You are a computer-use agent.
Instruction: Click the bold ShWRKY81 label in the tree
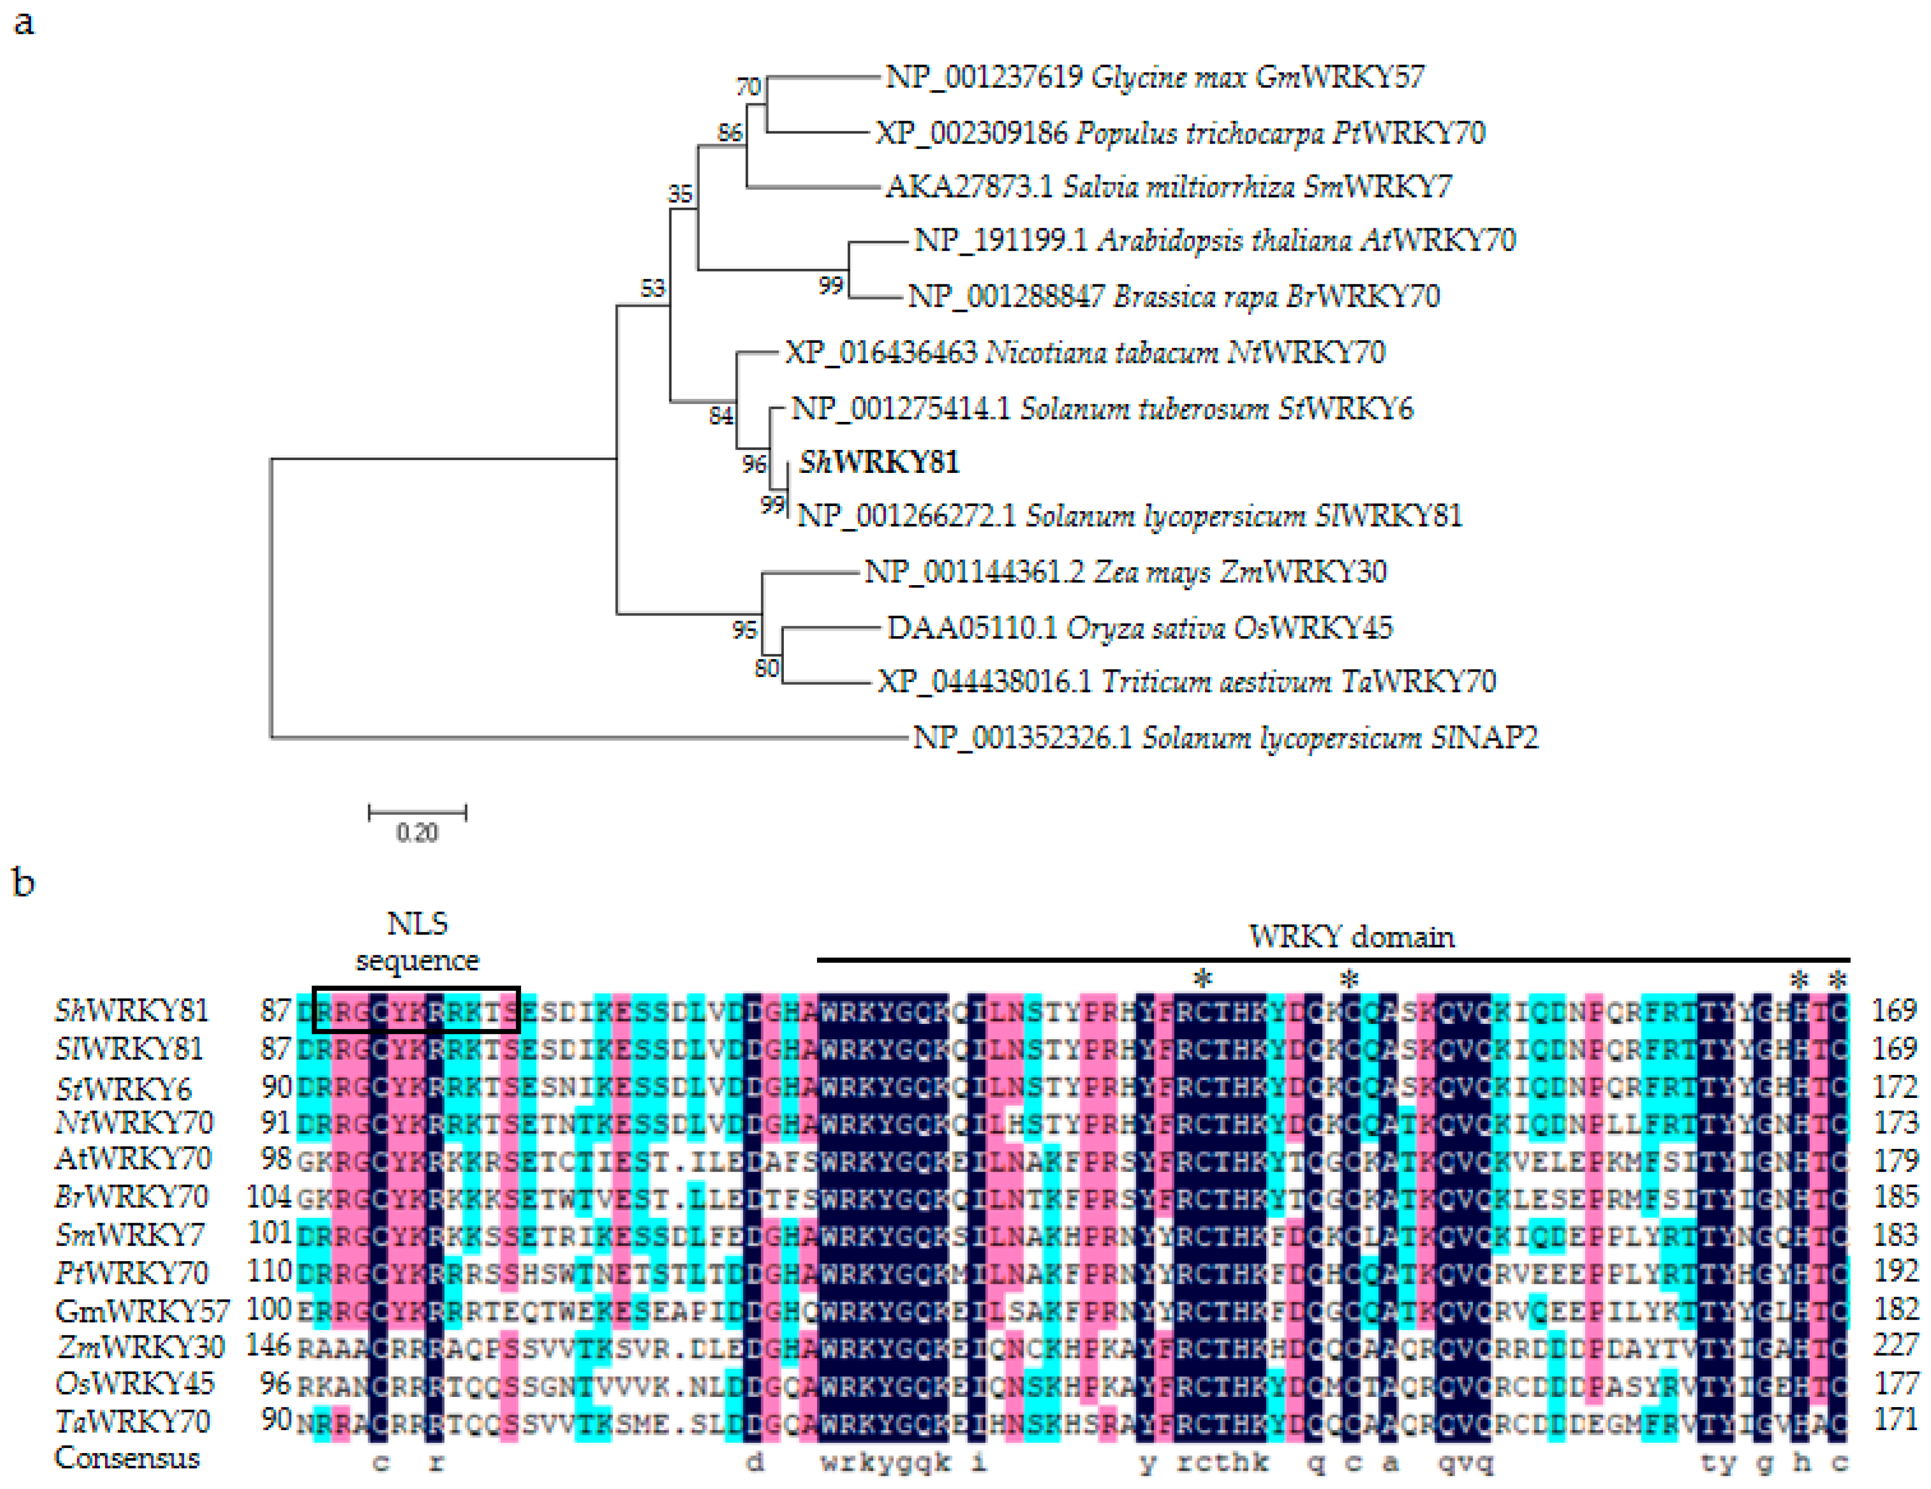coord(878,462)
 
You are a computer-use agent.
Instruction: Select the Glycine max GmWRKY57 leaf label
coord(1154,78)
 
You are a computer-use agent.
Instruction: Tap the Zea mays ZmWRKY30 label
coord(1125,573)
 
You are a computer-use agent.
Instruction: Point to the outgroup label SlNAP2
coord(1225,737)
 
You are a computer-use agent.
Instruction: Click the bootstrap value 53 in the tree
coord(652,288)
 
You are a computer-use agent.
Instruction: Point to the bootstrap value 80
coord(766,668)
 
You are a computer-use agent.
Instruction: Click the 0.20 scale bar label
coord(417,833)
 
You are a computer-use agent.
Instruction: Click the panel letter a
coord(24,22)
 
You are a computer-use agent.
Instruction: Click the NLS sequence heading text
coord(417,942)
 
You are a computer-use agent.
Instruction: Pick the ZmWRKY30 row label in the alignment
coord(140,1346)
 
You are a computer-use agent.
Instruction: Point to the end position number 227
coord(1894,1346)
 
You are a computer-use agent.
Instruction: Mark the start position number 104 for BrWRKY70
coord(269,1197)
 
